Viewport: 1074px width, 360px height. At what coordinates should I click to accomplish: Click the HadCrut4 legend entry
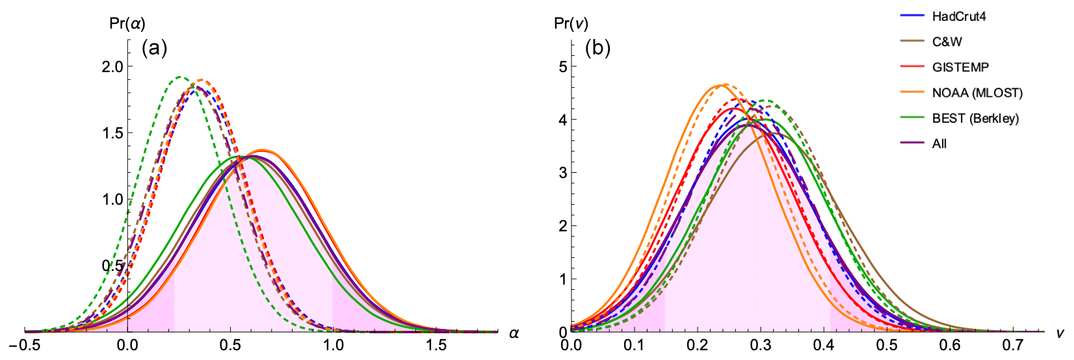[x=958, y=16]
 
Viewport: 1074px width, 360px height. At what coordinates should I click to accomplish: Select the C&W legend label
[x=947, y=42]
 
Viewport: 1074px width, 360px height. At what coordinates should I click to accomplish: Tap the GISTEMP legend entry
[x=960, y=67]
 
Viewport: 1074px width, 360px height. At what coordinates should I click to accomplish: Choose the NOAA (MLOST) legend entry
[x=976, y=93]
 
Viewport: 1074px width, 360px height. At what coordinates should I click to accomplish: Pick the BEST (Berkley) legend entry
[x=975, y=118]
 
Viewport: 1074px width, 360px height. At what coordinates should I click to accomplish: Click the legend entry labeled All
[x=939, y=144]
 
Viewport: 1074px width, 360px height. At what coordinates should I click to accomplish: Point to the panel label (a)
[x=155, y=48]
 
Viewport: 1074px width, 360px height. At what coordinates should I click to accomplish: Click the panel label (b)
[x=598, y=48]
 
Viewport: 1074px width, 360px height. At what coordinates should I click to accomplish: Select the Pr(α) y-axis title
[x=127, y=24]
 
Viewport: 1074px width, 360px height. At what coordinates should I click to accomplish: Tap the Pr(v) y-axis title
[x=571, y=24]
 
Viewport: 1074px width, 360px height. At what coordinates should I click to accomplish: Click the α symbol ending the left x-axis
[x=514, y=334]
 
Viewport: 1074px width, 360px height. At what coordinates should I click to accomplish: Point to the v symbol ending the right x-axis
[x=1060, y=334]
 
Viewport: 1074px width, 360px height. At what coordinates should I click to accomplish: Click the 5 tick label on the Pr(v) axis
[x=562, y=66]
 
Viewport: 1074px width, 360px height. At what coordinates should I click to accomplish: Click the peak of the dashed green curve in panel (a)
[x=181, y=77]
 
